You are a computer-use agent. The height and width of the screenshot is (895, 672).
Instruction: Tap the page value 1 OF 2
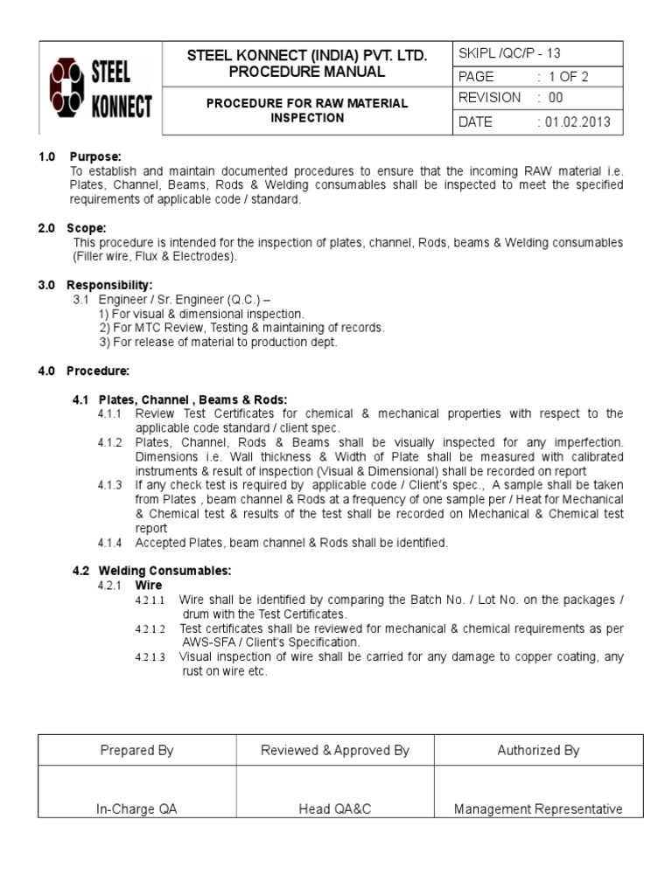pos(567,77)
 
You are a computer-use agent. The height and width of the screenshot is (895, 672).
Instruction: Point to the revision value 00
pos(556,98)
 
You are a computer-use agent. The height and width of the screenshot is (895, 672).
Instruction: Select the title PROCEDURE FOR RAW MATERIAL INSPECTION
pos(306,110)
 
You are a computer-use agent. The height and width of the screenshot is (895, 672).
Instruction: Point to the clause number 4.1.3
pos(110,484)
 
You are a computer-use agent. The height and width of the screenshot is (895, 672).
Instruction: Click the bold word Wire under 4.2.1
pos(149,585)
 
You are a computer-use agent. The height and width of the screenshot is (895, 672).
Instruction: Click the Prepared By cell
pos(137,750)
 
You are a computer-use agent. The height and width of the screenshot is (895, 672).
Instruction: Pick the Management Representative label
pos(538,809)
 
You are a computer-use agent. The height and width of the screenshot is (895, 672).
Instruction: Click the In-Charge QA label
pos(137,809)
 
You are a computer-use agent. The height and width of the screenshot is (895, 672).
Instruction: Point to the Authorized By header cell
pos(538,750)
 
